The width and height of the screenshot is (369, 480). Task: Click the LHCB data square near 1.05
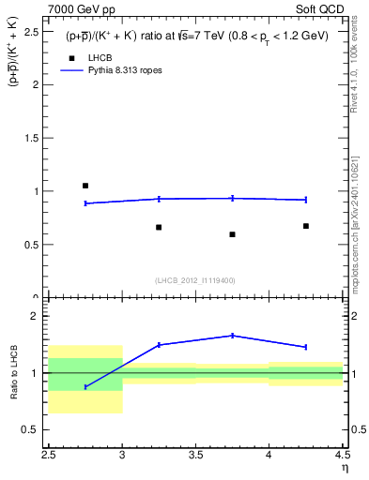point(85,186)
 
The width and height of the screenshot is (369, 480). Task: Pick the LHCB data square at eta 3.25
point(159,227)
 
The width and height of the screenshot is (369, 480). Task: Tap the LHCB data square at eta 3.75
point(232,234)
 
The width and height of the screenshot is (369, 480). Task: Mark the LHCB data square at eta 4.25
point(306,226)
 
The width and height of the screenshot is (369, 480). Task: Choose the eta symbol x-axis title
point(344,467)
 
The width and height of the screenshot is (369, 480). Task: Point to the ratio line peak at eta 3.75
point(232,336)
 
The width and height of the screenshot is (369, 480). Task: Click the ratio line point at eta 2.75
point(85,386)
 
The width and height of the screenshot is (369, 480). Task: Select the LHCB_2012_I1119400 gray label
point(195,279)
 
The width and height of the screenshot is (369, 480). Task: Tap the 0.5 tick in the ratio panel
point(35,429)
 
